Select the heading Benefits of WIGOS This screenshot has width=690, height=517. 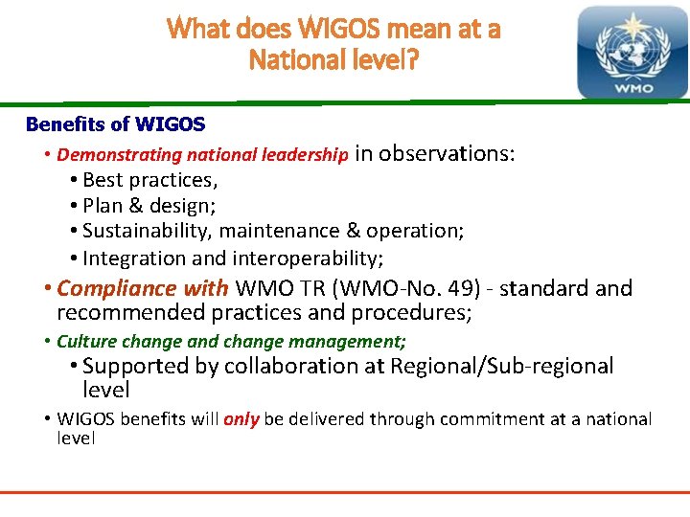pos(115,124)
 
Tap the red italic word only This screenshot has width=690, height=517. pos(241,419)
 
